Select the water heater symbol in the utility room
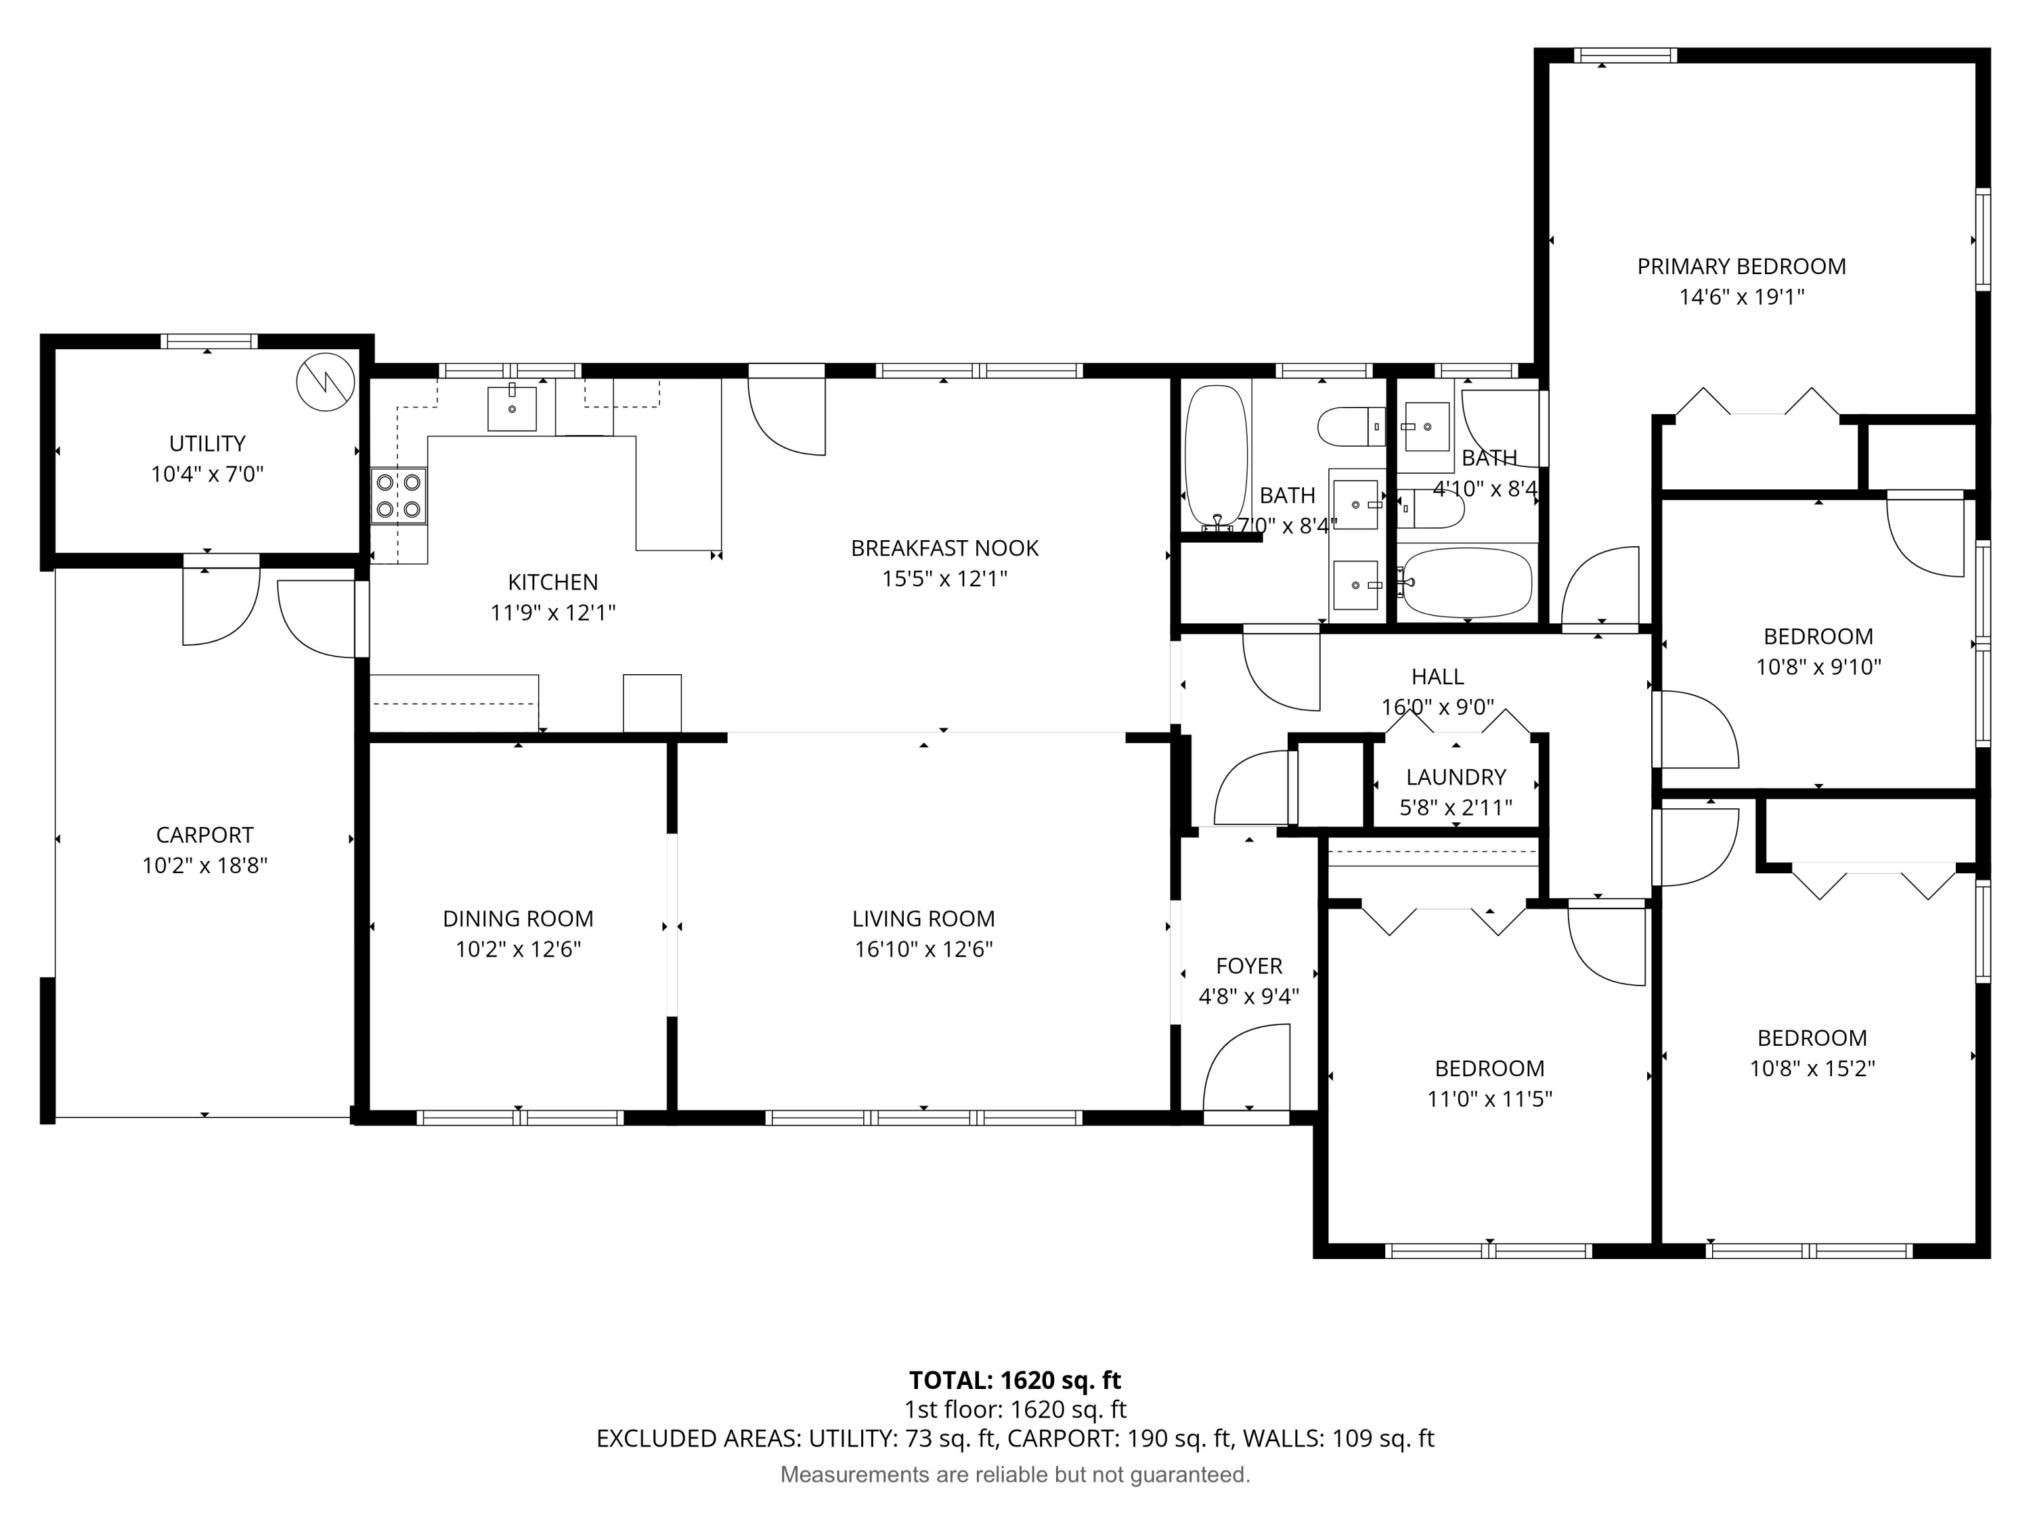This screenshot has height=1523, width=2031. point(326,381)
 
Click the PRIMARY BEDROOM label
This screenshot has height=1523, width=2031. point(1741,266)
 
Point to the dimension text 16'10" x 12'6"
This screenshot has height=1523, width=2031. point(923,949)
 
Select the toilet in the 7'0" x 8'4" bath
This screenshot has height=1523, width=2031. point(1351,426)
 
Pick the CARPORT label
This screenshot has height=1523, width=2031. point(204,835)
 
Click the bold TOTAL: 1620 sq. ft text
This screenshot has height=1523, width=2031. point(1015,1379)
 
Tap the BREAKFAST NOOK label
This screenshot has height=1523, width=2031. point(944,548)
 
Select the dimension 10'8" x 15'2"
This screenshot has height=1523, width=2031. point(1812,1069)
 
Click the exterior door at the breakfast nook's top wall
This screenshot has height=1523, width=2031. point(787,413)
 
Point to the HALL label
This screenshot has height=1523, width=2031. point(1437,677)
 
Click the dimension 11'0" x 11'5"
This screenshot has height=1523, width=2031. point(1489,1099)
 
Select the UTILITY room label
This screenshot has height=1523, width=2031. point(206,443)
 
